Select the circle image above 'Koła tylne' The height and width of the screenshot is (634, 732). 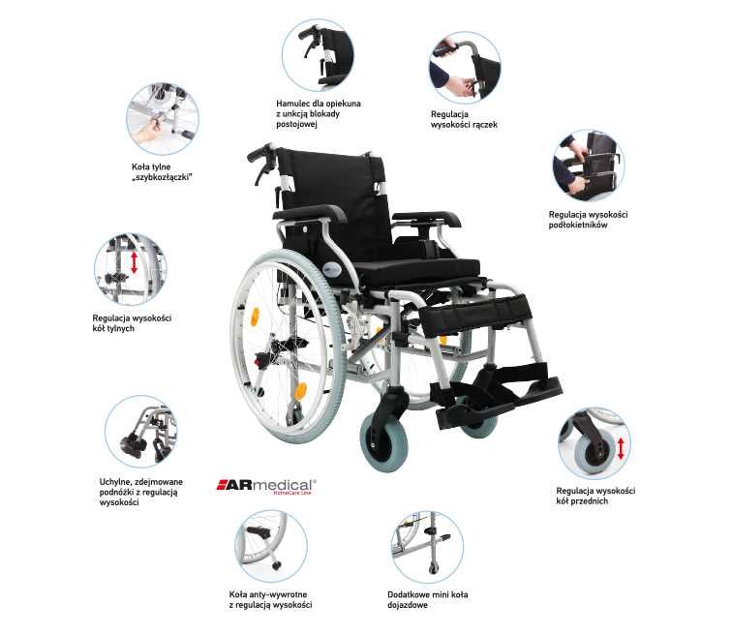point(163,117)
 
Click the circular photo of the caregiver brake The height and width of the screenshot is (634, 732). point(318,56)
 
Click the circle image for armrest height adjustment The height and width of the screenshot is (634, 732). point(588,166)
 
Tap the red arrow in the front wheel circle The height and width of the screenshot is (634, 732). point(621,448)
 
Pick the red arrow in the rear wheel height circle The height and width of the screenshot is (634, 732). point(134,264)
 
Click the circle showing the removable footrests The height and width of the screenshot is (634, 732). point(140,432)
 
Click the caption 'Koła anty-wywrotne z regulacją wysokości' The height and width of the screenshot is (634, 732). point(270,599)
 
